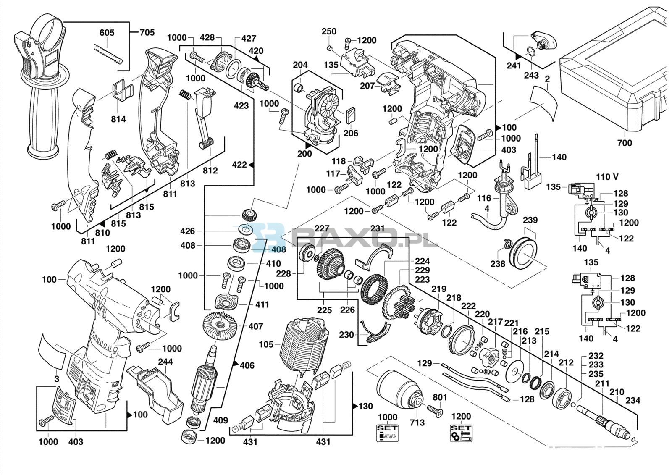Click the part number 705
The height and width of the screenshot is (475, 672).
147,32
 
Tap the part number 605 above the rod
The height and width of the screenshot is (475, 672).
107,32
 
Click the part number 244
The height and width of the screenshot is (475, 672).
165,362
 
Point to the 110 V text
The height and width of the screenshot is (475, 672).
607,177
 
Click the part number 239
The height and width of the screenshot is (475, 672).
530,220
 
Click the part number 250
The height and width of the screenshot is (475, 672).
329,31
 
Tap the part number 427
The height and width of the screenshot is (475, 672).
249,38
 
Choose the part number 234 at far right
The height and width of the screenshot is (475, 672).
633,400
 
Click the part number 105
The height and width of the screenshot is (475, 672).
266,345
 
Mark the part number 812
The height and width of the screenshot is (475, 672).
210,170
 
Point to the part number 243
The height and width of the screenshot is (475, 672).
531,75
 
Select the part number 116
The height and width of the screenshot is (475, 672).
484,198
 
